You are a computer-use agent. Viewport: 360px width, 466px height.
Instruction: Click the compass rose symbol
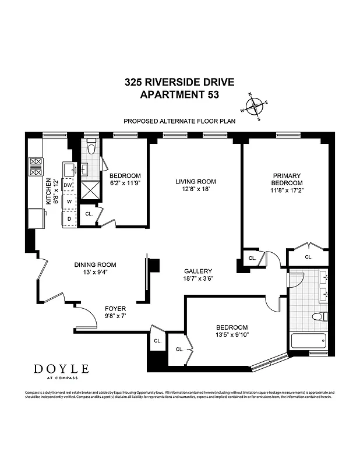(x=255, y=107)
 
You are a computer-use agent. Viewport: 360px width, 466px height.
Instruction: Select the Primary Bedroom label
(x=287, y=179)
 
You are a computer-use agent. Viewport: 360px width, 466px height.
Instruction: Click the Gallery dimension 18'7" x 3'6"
(x=198, y=278)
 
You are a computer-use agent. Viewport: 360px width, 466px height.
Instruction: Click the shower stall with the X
(x=91, y=190)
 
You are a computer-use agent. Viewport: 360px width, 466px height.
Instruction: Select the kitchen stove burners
(x=36, y=167)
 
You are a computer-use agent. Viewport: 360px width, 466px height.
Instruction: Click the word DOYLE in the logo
(x=61, y=368)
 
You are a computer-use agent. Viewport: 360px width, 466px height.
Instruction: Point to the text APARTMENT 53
(x=179, y=94)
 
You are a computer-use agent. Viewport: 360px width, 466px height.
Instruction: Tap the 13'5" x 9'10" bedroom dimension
(x=232, y=334)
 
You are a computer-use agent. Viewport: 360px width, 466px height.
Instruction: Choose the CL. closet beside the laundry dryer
(x=89, y=214)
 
